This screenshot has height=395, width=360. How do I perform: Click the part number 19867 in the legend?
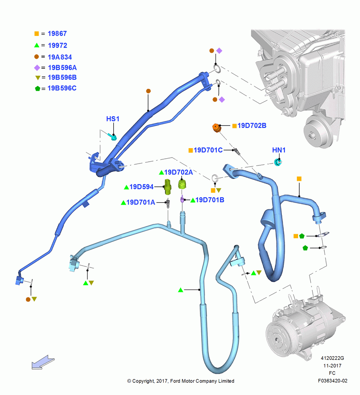pos(57,34)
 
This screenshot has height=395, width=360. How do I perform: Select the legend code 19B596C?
pos(62,88)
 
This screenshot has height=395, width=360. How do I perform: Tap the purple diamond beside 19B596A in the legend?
pos(37,68)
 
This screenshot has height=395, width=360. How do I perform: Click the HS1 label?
pos(112,119)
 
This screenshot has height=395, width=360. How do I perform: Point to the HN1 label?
pos(279,150)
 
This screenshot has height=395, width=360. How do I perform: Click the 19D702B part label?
pos(252,126)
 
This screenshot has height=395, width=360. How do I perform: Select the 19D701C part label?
pos(208,150)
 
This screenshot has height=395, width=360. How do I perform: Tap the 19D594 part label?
pos(141,187)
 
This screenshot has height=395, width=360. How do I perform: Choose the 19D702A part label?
pos(178,172)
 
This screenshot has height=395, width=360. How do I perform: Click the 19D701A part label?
pos(141,202)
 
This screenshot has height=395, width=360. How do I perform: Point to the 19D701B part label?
pos(210,200)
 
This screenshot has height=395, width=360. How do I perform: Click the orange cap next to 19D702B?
pos(216,128)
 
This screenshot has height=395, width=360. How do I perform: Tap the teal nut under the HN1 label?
pos(277,163)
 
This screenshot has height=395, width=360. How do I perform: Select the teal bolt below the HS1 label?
pos(112,137)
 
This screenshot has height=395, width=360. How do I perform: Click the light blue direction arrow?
pos(43,362)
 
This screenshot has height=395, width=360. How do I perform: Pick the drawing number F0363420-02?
pos(332,381)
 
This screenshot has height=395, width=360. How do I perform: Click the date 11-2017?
pos(332,365)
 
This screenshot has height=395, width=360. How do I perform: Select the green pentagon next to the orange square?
pos(302,236)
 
